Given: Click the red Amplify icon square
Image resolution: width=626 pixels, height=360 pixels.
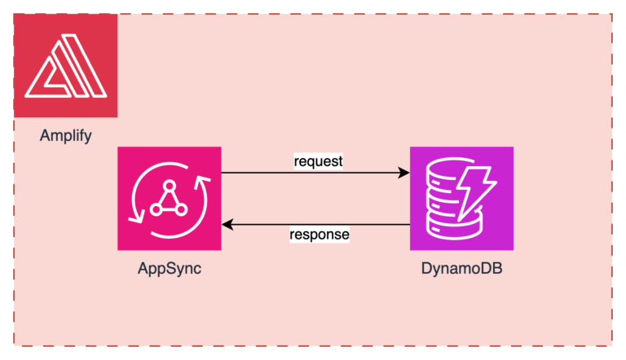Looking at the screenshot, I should [x=65, y=65].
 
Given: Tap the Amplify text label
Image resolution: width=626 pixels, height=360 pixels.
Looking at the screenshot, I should [x=65, y=135].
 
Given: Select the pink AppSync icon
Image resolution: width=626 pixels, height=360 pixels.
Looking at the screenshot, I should [x=169, y=198].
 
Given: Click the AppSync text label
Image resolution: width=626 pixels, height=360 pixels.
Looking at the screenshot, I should [x=169, y=269].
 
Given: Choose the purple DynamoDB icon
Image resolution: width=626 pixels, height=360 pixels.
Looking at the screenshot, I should [x=461, y=198].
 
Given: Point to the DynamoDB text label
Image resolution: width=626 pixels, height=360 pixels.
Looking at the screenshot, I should [x=461, y=269].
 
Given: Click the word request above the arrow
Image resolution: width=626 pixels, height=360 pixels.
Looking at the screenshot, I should [x=318, y=160].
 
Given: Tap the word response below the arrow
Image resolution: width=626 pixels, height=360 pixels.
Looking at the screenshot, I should [x=319, y=235].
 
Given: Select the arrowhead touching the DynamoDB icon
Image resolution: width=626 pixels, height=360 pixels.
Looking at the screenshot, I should [x=403, y=173].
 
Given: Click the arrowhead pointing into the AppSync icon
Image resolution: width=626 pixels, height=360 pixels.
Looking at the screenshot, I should [x=227, y=224].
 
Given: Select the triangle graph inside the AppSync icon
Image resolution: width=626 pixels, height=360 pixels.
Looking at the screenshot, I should [x=169, y=198].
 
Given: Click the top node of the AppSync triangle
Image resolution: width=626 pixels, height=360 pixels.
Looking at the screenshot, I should [x=169, y=187].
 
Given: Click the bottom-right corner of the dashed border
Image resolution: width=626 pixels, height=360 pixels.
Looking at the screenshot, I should [x=612, y=346].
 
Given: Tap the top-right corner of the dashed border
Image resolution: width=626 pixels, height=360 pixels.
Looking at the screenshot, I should [x=612, y=14].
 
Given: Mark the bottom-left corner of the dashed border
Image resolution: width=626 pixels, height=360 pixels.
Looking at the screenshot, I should [x=14, y=346].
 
